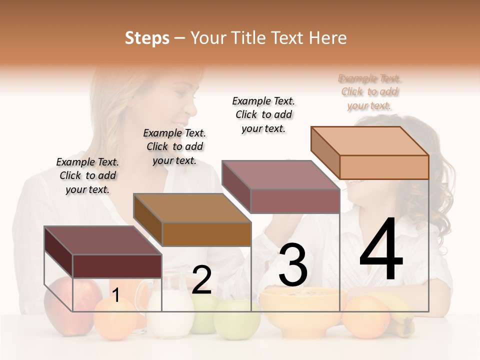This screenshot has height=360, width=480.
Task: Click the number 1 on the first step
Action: tap(115, 295)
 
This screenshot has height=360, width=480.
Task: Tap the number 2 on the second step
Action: tap(201, 280)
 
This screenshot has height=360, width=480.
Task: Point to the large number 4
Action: tap(381, 250)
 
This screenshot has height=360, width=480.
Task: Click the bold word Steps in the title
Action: tap(147, 38)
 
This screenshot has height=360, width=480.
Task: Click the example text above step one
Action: tap(87, 175)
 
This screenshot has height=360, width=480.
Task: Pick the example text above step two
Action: tap(174, 146)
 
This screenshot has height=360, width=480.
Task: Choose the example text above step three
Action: tap(263, 114)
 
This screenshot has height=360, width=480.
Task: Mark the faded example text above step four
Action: tap(370, 92)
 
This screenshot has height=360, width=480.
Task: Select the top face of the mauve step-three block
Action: tap(280, 174)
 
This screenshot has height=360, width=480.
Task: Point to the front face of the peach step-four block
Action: tap(384, 167)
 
